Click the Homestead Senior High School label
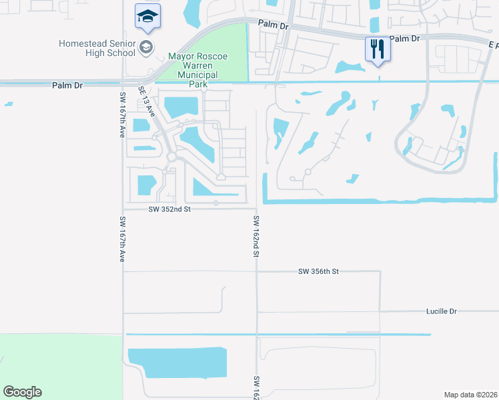pos(97,48)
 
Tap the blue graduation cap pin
pos(147,16)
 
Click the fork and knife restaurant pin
pos(377,49)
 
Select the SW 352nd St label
pos(169,209)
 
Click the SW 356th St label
pos(319,271)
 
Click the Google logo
pos(22,392)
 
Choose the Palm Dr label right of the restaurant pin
pos(405,39)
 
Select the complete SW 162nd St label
pos(256,237)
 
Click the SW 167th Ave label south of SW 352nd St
pos(122,239)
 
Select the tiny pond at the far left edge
pos(8,104)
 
